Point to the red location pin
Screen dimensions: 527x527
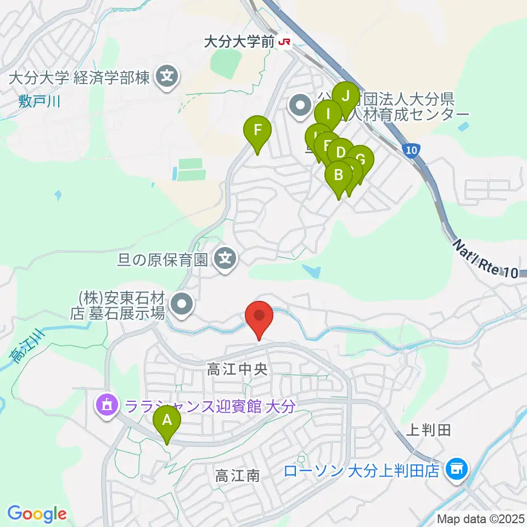260,317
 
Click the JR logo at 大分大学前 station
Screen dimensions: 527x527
284,43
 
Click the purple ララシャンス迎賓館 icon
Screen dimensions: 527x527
106,406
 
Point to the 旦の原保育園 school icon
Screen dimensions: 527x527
225,257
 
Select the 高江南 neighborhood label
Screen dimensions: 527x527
237,475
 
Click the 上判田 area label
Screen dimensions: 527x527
429,430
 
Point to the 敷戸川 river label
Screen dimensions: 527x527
38,102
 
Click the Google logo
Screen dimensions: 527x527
37,514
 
